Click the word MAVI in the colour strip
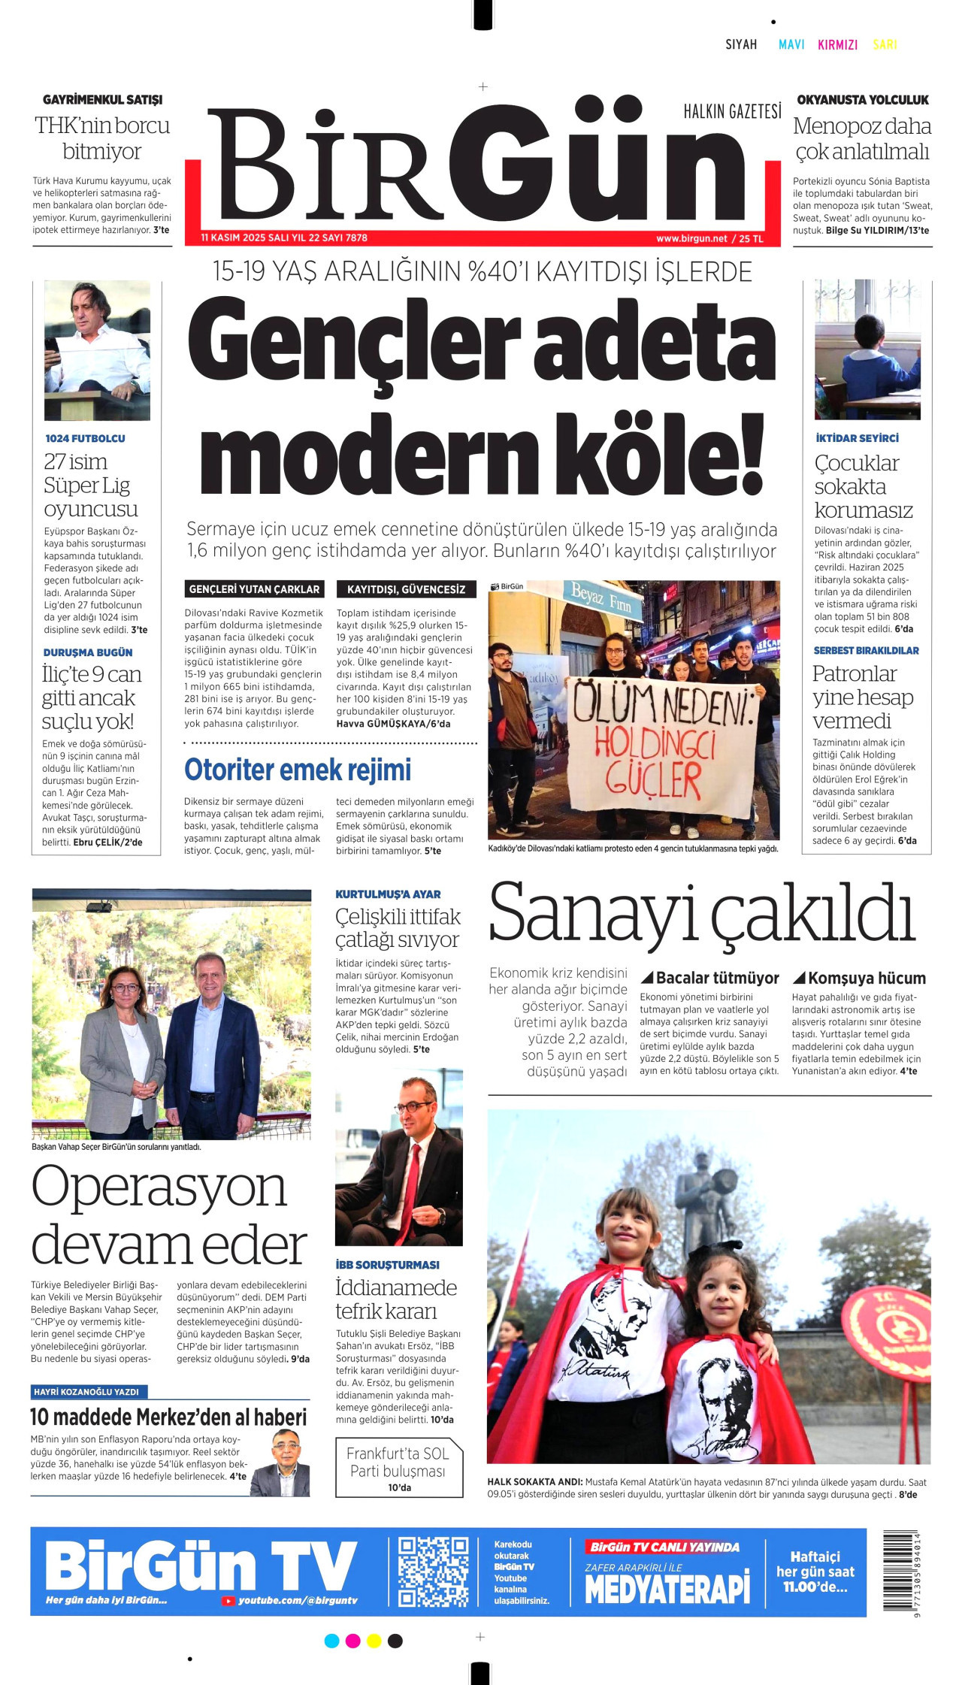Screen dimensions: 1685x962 click(x=791, y=44)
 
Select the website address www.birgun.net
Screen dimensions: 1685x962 click(x=691, y=238)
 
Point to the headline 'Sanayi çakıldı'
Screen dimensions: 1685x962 click(x=702, y=914)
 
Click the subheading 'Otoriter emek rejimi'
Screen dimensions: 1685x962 click(x=298, y=770)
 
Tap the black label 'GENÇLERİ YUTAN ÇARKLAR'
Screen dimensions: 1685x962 click(x=255, y=589)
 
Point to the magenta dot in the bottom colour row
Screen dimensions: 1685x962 click(x=352, y=1641)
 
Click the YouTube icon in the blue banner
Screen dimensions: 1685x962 click(x=228, y=1602)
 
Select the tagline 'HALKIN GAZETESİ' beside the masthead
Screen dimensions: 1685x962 click(x=732, y=112)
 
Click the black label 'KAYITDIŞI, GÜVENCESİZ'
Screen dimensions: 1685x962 click(x=406, y=589)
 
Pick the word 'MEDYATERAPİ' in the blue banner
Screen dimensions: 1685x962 click(x=667, y=1590)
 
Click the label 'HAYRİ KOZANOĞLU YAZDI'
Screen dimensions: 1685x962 click(x=90, y=1392)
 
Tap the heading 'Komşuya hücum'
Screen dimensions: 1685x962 click(x=867, y=978)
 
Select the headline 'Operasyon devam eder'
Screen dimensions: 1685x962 click(x=169, y=1216)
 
